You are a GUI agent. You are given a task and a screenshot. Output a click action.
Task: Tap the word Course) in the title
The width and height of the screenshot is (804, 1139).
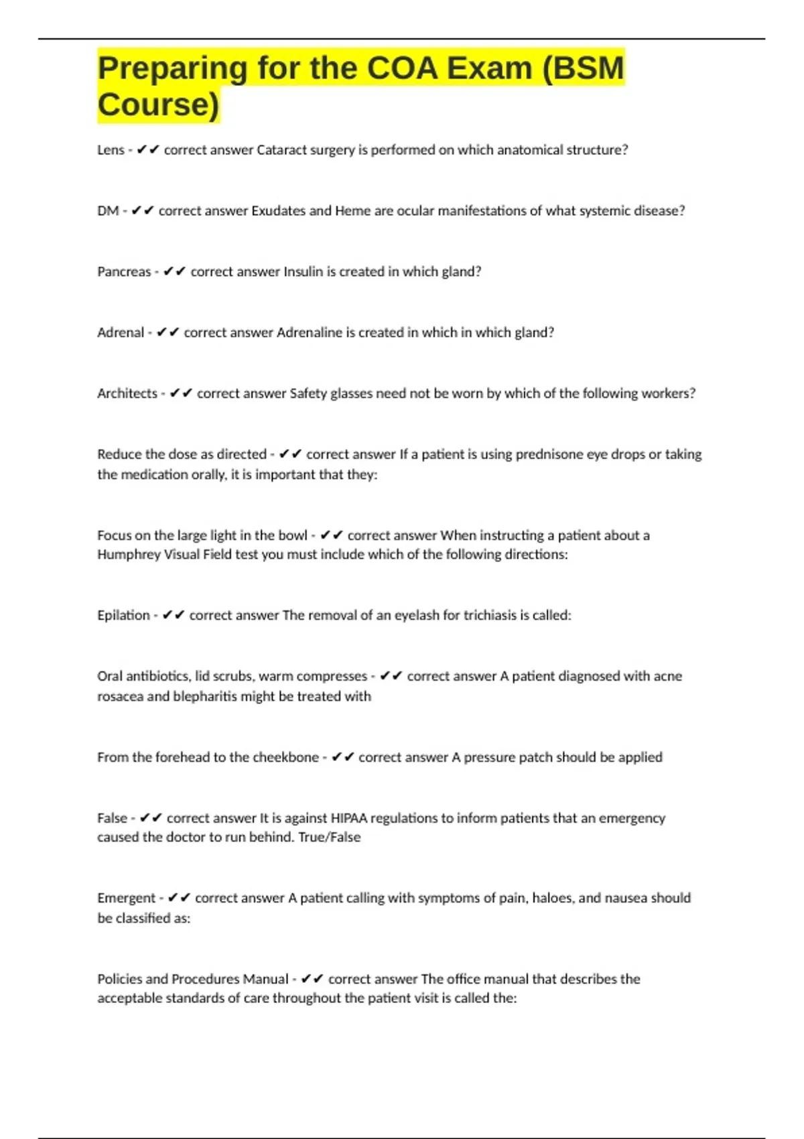[158, 105]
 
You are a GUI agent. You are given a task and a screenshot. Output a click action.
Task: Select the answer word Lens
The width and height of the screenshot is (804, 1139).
[111, 150]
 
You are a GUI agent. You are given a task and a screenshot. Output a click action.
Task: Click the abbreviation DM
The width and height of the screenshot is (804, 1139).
[108, 211]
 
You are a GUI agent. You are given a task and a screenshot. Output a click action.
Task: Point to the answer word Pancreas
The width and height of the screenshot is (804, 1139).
[124, 272]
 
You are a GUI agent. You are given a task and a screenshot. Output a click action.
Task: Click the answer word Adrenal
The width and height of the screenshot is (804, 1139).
[121, 333]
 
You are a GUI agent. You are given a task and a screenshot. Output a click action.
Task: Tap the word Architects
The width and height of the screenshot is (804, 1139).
[127, 394]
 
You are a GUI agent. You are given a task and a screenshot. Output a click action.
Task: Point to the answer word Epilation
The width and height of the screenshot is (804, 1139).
[123, 616]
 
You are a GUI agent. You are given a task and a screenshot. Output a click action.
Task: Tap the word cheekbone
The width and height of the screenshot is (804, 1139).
[285, 758]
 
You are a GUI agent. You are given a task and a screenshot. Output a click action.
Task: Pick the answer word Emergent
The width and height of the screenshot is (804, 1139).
[126, 898]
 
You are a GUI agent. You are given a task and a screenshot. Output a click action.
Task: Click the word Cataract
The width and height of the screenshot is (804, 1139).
[282, 150]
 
